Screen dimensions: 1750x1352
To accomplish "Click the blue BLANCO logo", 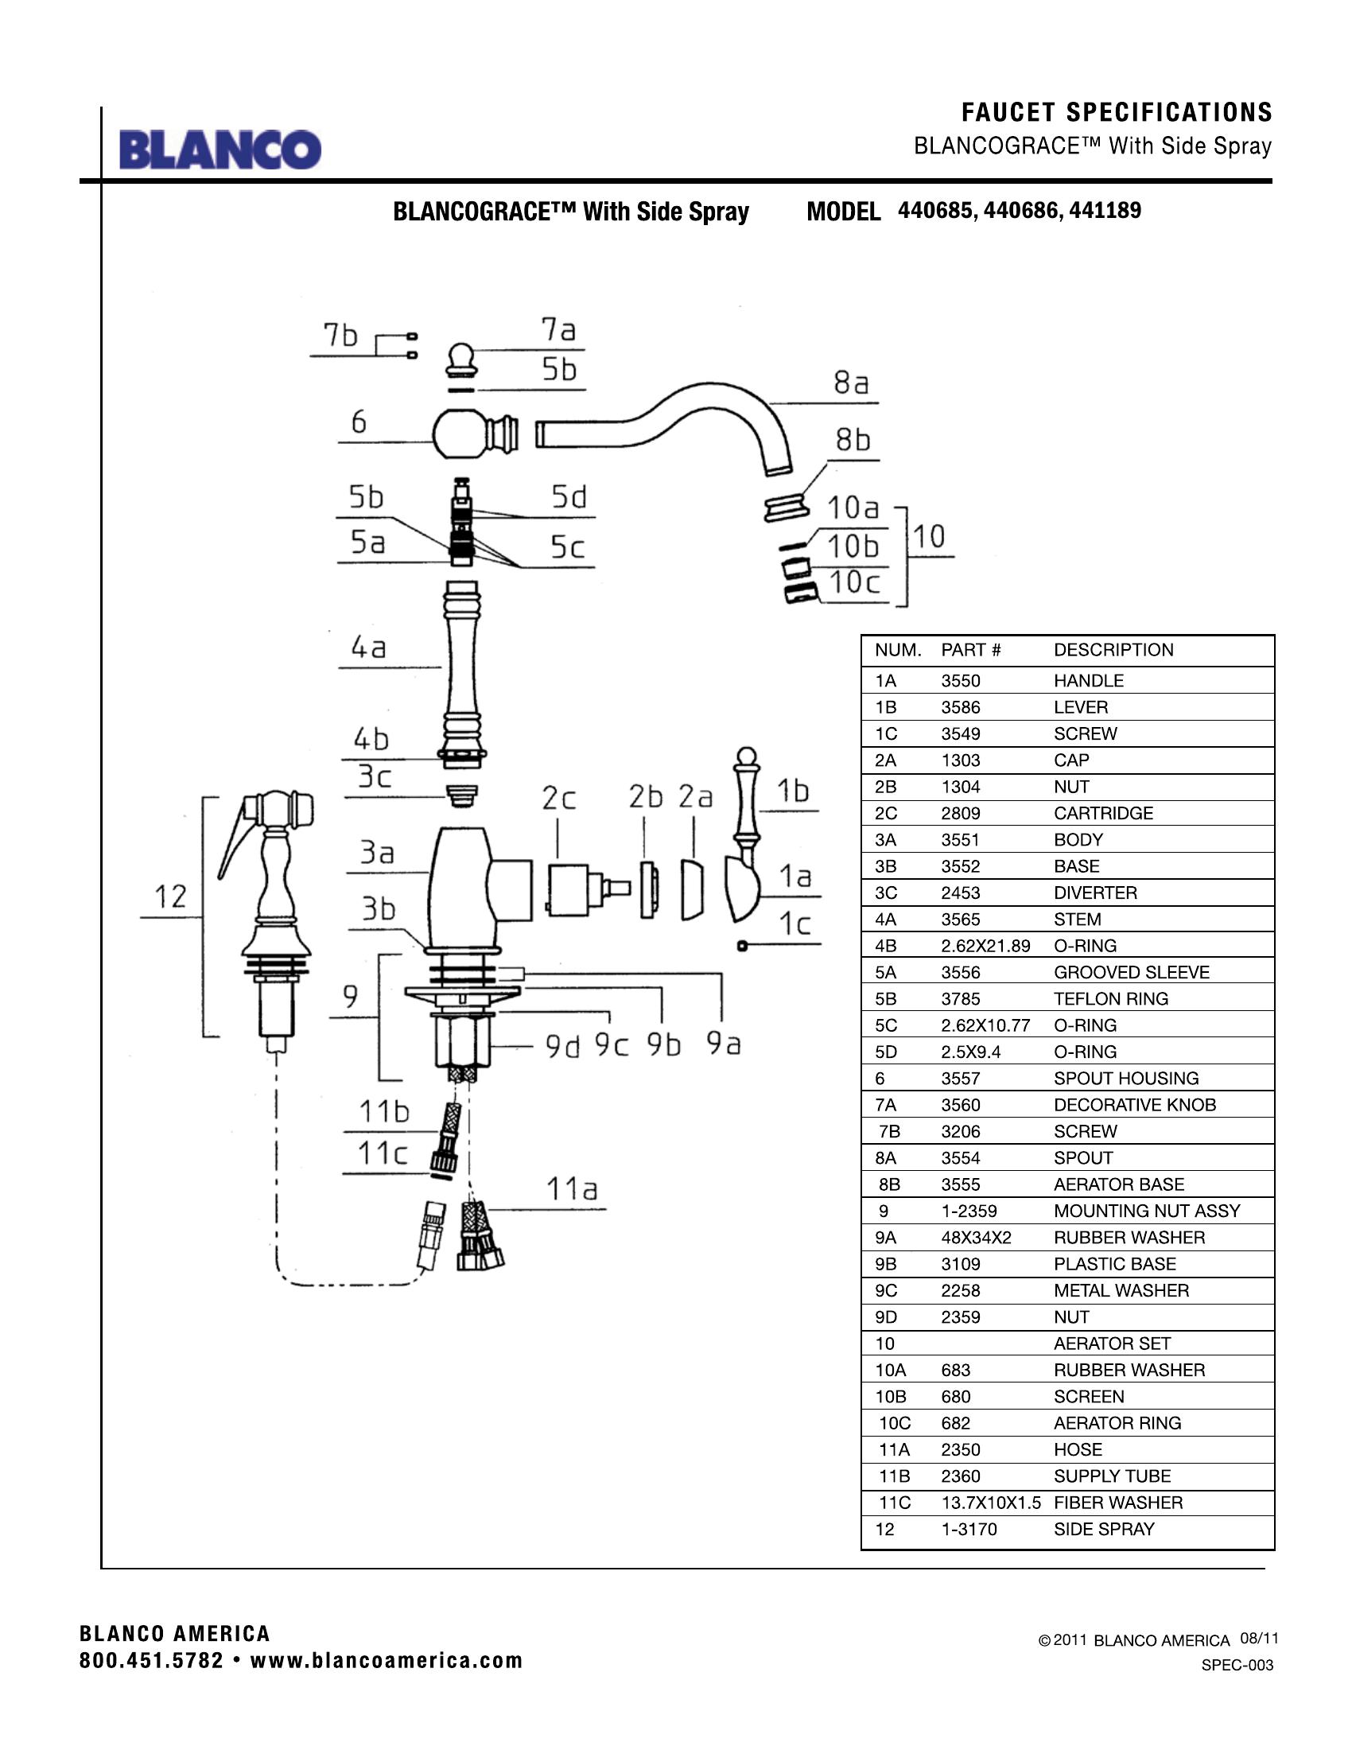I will [220, 149].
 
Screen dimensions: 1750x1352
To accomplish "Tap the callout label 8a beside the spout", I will [852, 383].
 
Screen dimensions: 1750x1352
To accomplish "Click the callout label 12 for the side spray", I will [170, 896].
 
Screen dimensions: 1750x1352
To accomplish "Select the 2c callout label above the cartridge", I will [558, 798].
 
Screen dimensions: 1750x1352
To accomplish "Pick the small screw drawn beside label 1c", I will [742, 946].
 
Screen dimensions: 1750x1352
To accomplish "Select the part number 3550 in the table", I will [961, 681].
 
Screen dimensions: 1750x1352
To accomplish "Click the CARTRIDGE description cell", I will [1103, 813].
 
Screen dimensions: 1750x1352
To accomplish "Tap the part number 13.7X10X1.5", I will [991, 1503].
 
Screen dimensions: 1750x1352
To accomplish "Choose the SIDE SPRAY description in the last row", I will [1104, 1530].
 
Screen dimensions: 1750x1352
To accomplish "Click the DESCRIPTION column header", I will [1113, 650].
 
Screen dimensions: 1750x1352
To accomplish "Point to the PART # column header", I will [971, 650].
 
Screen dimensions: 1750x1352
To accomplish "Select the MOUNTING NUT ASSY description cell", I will [1146, 1211].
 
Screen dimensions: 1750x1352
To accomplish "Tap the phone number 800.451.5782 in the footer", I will [151, 1661].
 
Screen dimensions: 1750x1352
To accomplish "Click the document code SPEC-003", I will [1237, 1666].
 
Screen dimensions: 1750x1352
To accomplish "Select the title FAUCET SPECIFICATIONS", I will [1117, 112].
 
